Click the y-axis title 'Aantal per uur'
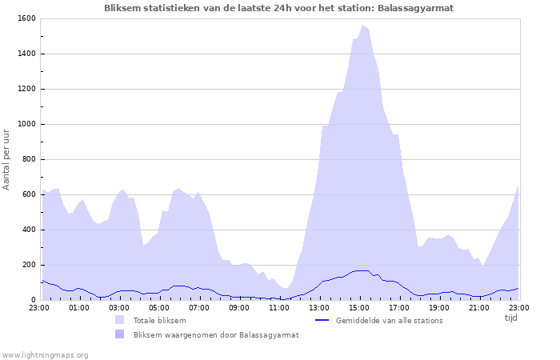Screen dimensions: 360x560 (x=7, y=158)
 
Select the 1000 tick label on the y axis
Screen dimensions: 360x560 (x=26, y=124)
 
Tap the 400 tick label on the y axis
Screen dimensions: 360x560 (x=28, y=230)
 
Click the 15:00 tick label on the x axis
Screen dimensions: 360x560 (x=359, y=307)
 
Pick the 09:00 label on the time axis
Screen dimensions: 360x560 (x=239, y=307)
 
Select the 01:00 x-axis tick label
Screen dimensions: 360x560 (x=79, y=307)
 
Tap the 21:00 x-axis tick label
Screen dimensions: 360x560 (x=479, y=307)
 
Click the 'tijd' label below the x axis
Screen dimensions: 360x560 (x=511, y=318)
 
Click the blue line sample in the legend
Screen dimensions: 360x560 (x=322, y=321)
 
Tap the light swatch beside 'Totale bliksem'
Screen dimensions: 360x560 (x=119, y=321)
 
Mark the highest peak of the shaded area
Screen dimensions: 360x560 (x=362, y=26)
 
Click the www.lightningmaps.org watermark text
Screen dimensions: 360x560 (x=46, y=354)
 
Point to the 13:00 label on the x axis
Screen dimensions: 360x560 (x=319, y=307)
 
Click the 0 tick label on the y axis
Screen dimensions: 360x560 (x=34, y=300)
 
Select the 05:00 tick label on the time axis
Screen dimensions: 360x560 (x=159, y=307)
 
